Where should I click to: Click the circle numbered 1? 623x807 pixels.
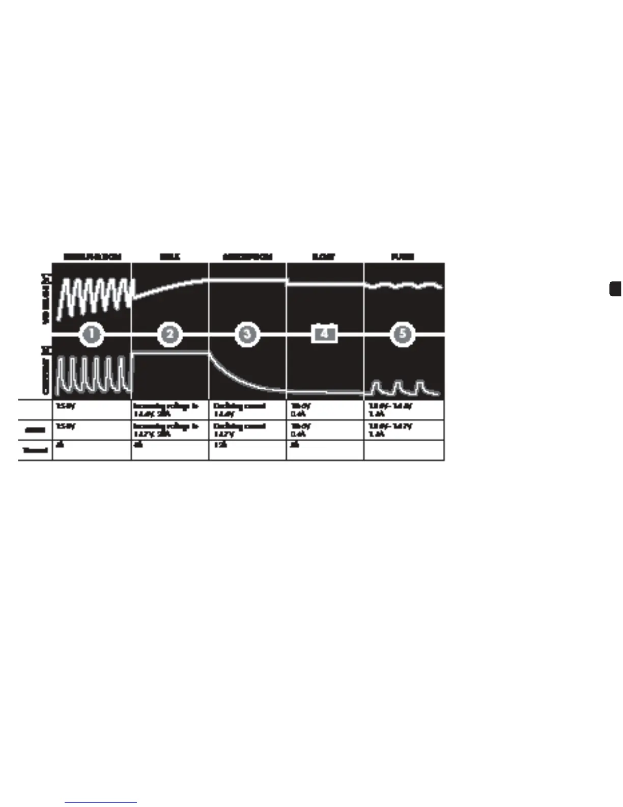coord(92,334)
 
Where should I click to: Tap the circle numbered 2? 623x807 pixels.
coord(169,334)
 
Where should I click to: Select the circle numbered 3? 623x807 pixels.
coord(247,334)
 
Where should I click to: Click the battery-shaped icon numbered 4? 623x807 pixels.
coord(325,334)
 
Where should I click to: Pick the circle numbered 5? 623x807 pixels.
coord(403,334)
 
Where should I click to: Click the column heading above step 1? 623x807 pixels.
coord(92,257)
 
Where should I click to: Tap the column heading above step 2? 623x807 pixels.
coord(169,257)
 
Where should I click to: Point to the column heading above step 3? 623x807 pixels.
coord(247,257)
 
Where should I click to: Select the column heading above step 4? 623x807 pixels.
coord(324,257)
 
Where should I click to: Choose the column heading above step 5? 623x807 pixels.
coord(403,257)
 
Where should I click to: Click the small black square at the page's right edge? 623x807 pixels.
coord(615,288)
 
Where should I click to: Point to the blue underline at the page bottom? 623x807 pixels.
coord(101,802)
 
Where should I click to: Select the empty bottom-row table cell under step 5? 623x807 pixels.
coord(404,450)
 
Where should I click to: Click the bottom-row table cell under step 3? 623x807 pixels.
coord(247,450)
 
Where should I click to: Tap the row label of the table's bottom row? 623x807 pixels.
coord(35,450)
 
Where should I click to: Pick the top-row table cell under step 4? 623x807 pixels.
coord(325,410)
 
